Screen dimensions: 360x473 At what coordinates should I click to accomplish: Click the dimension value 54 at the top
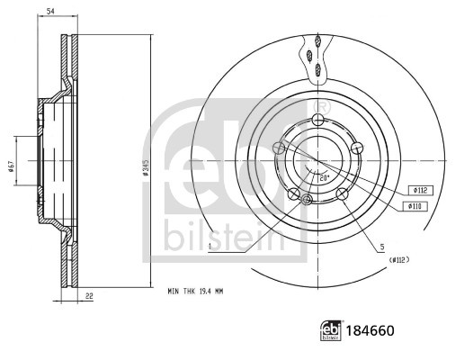click(x=51, y=9)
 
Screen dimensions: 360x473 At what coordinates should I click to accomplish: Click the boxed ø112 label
click(x=417, y=190)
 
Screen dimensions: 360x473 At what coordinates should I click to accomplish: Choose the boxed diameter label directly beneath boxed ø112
click(x=417, y=207)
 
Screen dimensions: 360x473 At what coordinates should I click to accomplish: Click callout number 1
click(x=208, y=244)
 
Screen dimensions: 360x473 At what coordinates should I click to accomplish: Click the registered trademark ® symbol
click(x=325, y=107)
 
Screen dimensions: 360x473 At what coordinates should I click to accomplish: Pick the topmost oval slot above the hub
click(x=317, y=40)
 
